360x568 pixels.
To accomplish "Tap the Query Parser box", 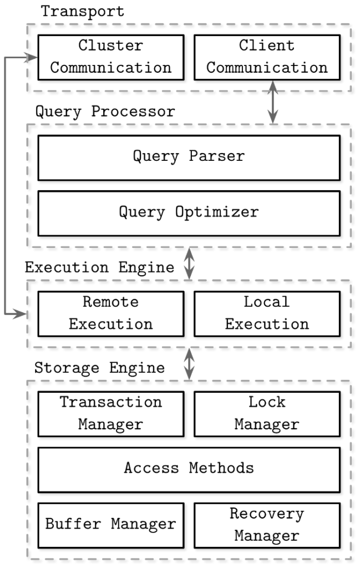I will pyautogui.click(x=189, y=158).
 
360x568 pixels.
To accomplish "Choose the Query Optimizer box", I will pyautogui.click(x=189, y=213).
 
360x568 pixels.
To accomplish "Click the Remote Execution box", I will pyautogui.click(x=111, y=313).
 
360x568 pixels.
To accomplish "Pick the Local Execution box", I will pyautogui.click(x=267, y=313).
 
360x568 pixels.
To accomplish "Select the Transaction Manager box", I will pyautogui.click(x=111, y=414).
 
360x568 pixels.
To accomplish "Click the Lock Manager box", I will pyautogui.click(x=267, y=414).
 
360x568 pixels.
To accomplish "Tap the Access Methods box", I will pyautogui.click(x=189, y=469).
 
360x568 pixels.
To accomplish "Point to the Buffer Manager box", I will pyautogui.click(x=111, y=525).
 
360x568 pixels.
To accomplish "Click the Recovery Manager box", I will pyautogui.click(x=267, y=525).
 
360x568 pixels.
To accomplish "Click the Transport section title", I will pyautogui.click(x=83, y=12).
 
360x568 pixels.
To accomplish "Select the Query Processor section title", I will pyautogui.click(x=105, y=111).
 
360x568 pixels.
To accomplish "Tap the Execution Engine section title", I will pyautogui.click(x=99, y=268).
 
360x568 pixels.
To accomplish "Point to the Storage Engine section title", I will pyautogui.click(x=99, y=368).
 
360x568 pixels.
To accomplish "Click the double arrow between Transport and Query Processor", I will pyautogui.click(x=272, y=102).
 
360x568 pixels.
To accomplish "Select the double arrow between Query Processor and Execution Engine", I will pyautogui.click(x=189, y=263).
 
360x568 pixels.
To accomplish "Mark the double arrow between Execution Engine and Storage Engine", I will pyautogui.click(x=189, y=364).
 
